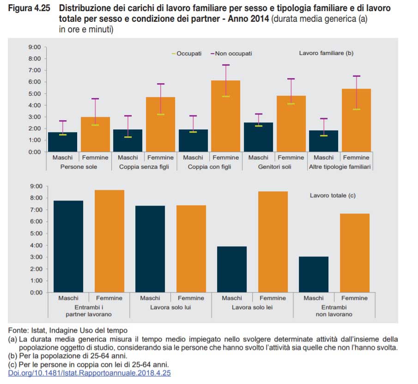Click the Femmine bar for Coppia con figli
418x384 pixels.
[x=226, y=116]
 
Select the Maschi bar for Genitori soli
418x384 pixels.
[x=258, y=137]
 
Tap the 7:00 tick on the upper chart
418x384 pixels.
[x=35, y=70]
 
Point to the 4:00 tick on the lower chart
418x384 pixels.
[x=35, y=245]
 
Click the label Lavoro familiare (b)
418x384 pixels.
[x=326, y=53]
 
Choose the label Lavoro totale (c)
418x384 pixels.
[x=332, y=195]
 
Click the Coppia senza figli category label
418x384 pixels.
[x=144, y=167]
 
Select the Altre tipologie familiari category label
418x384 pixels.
[x=340, y=167]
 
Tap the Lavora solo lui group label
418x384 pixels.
[x=170, y=307]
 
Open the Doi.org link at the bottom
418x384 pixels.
[x=89, y=373]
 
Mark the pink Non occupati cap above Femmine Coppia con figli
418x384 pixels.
[x=226, y=65]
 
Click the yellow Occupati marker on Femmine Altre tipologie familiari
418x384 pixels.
[x=356, y=109]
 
